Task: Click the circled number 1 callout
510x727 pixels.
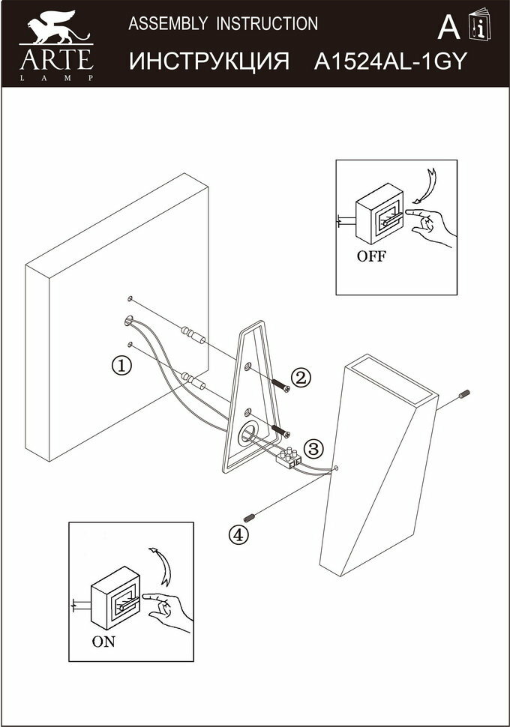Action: tap(121, 366)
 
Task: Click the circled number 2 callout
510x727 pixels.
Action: tap(301, 378)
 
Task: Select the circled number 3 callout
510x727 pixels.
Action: tap(313, 450)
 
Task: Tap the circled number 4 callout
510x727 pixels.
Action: tap(238, 534)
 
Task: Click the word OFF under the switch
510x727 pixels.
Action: tap(371, 256)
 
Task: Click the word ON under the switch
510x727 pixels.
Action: tap(104, 642)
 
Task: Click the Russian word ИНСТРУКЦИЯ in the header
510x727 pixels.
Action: tap(209, 61)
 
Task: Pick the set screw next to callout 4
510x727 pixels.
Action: tap(253, 516)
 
